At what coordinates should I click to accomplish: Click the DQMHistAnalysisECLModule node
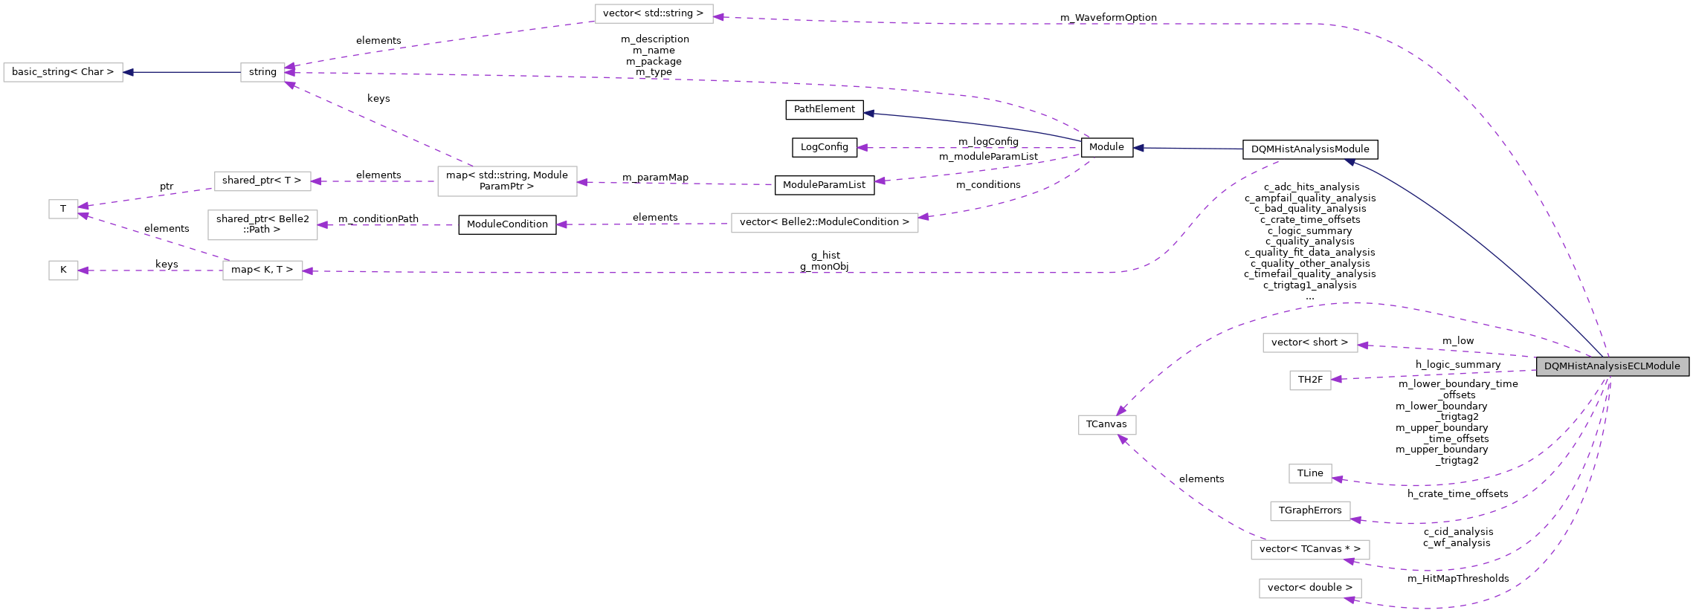coord(1612,366)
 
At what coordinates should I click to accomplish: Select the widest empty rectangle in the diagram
coord(824,223)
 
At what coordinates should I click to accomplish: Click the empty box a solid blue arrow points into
coord(63,73)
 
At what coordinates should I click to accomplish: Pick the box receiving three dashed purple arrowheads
coord(262,73)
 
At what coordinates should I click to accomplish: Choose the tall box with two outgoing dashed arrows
coord(507,181)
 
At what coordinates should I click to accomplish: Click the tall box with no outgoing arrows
coord(262,225)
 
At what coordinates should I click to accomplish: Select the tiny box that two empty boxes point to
coord(63,210)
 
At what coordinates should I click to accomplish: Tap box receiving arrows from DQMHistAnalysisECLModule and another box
coord(1107,425)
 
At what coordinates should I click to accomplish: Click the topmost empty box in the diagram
coord(654,14)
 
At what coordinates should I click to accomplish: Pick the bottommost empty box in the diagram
coord(1310,588)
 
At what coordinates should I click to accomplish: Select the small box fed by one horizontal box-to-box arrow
coord(63,270)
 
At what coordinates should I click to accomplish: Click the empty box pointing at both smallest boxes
coord(262,270)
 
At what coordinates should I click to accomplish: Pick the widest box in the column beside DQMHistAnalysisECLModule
coord(1310,550)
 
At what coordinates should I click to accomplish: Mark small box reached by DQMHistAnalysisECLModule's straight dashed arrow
coord(1310,380)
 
